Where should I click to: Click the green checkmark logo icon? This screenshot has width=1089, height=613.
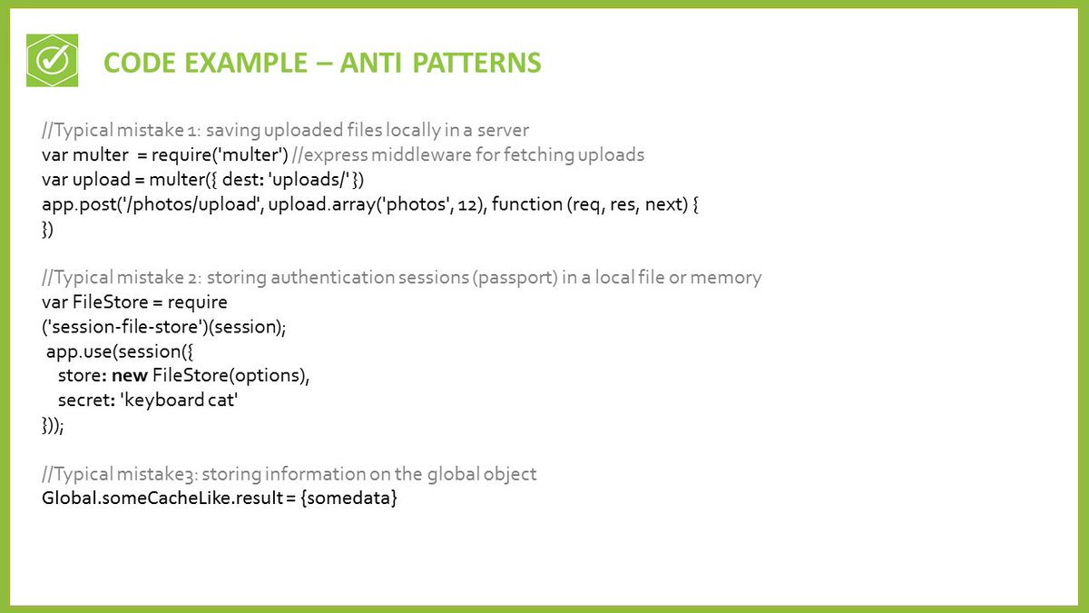pos(53,61)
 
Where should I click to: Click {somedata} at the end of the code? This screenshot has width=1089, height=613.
pos(352,499)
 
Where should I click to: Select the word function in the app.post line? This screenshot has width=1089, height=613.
pos(525,204)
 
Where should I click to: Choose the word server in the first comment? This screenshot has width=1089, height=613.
pos(503,129)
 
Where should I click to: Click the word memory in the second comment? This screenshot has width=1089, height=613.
pos(726,277)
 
